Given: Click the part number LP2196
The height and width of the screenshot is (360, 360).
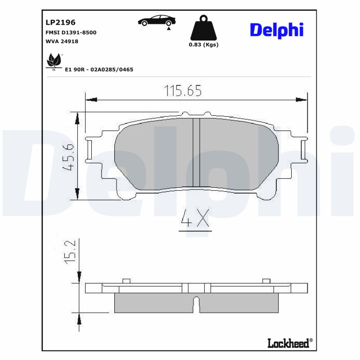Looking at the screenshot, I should (x=60, y=22).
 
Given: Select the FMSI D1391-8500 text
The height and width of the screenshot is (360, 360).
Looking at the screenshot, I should (x=71, y=33).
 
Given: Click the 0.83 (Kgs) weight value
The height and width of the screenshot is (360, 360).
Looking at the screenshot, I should (x=203, y=45).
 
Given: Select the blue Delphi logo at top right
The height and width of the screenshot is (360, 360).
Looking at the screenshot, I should (x=276, y=30).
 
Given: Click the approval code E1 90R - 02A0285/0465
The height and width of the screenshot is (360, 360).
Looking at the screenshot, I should (x=99, y=70).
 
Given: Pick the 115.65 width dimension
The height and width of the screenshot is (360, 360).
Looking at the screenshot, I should (x=182, y=90).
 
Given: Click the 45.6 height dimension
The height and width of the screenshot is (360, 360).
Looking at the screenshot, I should (x=69, y=156).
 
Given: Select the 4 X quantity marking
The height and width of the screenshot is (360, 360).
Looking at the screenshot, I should (x=195, y=220).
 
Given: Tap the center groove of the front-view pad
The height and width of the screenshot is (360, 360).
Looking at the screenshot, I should (x=196, y=153).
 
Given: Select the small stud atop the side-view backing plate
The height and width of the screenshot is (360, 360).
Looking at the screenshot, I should (x=126, y=281).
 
